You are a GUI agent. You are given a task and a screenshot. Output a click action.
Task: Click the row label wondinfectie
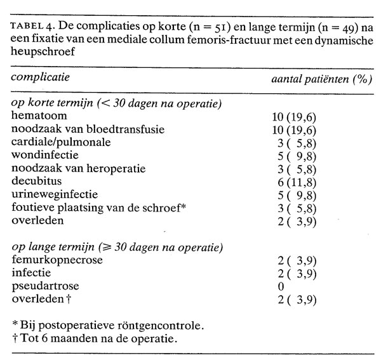coord(41,154)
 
